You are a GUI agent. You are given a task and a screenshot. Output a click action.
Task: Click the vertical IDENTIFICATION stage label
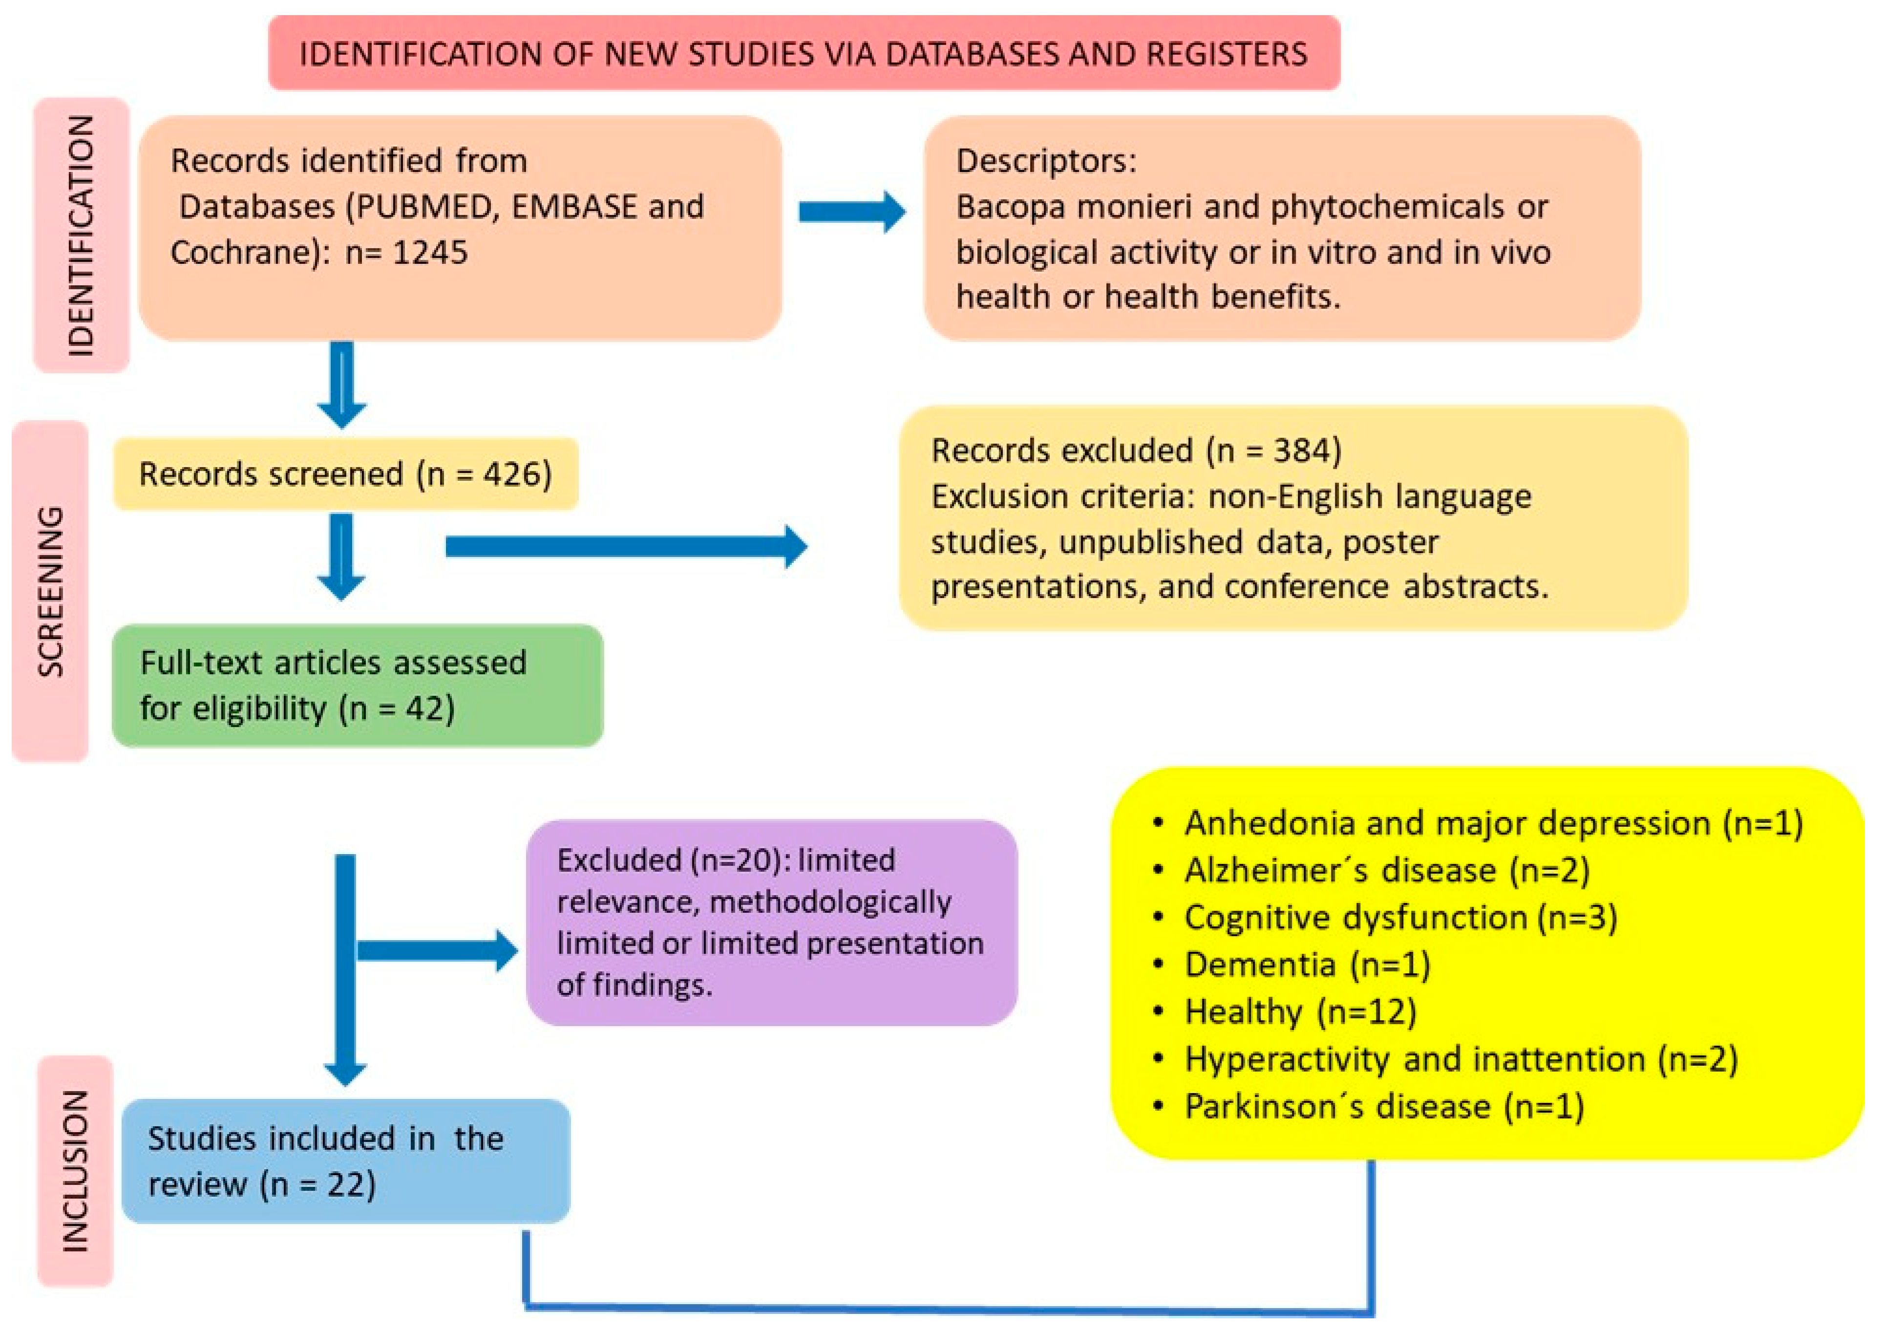(x=81, y=236)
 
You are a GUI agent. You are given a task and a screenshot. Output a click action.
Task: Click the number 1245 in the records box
(x=430, y=252)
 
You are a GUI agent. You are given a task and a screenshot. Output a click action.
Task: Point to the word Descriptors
(x=1045, y=161)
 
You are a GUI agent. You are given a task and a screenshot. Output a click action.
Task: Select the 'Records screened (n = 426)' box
(x=345, y=474)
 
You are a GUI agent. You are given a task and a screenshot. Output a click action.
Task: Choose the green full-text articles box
(x=358, y=686)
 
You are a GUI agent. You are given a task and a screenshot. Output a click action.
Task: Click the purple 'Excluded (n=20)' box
(x=771, y=922)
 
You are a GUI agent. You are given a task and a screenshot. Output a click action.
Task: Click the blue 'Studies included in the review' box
(x=345, y=1160)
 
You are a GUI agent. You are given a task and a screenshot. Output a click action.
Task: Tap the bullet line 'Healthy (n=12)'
(x=1300, y=1011)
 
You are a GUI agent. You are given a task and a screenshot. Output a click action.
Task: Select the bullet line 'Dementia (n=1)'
(x=1307, y=965)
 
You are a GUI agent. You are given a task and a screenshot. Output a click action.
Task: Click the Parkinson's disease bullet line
(x=1384, y=1106)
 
